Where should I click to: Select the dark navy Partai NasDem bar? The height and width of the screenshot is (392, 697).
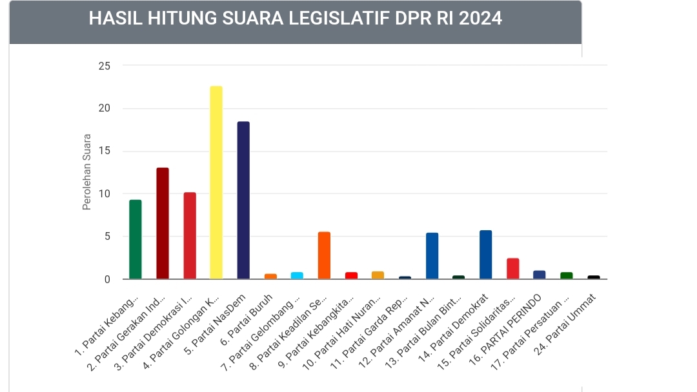pyautogui.click(x=243, y=200)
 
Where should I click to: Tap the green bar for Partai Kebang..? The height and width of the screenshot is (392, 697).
pyautogui.click(x=136, y=239)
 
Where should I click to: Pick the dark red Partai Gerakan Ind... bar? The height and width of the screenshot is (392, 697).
pyautogui.click(x=163, y=223)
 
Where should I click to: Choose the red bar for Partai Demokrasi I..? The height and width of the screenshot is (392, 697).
pyautogui.click(x=190, y=235)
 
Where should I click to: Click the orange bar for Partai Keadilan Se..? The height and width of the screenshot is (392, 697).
pyautogui.click(x=324, y=255)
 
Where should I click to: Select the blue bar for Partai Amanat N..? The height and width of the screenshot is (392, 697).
pyautogui.click(x=432, y=256)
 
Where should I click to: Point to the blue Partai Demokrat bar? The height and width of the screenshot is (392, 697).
pyautogui.click(x=486, y=255)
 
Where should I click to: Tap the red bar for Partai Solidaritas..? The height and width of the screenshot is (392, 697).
pyautogui.click(x=513, y=268)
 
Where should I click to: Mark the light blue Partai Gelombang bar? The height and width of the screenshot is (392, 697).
pyautogui.click(x=297, y=275)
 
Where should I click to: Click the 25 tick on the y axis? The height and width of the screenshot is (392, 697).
pyautogui.click(x=104, y=66)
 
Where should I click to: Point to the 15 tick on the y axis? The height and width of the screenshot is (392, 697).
pyautogui.click(x=104, y=152)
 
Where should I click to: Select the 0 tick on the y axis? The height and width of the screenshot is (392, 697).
pyautogui.click(x=107, y=279)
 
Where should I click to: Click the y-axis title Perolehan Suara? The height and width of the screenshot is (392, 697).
pyautogui.click(x=87, y=172)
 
